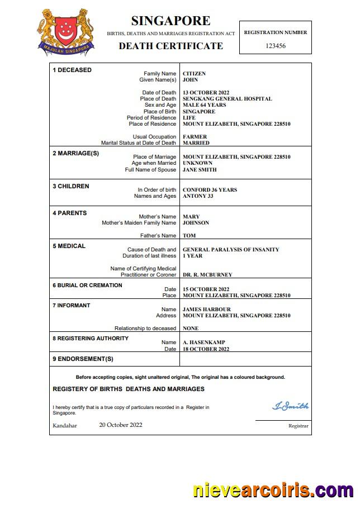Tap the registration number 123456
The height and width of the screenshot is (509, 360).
point(275,46)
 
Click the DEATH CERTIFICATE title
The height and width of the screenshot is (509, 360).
point(170,46)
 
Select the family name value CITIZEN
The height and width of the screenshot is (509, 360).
point(194,74)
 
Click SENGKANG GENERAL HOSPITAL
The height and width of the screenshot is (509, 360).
point(227,99)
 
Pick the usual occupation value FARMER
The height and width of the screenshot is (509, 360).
point(195,137)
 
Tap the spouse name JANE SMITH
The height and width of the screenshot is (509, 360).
point(200,170)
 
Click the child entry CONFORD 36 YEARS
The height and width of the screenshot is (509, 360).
point(210,190)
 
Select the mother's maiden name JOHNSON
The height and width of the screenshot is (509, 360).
point(196,223)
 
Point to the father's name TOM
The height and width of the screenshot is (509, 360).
point(189,236)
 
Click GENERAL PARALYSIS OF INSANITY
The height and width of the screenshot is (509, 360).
point(231,250)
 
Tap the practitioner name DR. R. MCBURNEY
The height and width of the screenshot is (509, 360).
point(207,275)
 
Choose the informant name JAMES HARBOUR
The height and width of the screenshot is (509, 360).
point(206,310)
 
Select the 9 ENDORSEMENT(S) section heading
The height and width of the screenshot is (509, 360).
point(83,359)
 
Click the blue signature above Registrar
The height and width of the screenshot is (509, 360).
point(290,406)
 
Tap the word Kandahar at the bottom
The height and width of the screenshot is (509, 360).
point(65,426)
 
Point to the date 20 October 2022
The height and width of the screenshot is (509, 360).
point(121,425)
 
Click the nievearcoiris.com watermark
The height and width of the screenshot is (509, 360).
point(273,491)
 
